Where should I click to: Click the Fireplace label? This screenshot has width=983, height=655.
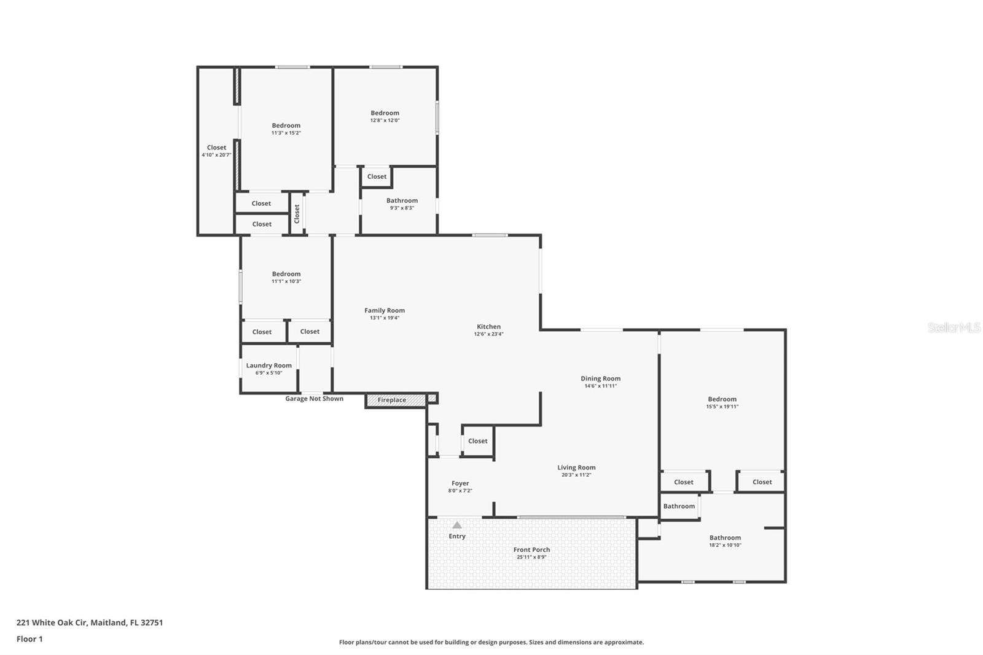point(392,400)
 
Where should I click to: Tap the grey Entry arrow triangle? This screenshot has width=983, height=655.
point(457,525)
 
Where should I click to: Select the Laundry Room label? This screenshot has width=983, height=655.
point(268,365)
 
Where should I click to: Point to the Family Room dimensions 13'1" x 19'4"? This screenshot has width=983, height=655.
point(385,318)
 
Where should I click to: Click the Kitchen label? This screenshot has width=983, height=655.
point(488,327)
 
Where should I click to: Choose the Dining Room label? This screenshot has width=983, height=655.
point(600,378)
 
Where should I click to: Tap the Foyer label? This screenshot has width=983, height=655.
point(460,484)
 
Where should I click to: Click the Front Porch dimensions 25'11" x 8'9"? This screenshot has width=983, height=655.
point(531,557)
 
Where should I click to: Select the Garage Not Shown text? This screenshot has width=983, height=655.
point(314,399)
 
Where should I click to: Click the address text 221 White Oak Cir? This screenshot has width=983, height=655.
point(53,622)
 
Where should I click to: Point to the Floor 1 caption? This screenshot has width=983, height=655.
point(29,639)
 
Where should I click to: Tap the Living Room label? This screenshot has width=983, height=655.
point(576,468)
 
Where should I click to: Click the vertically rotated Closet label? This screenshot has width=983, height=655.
point(297,214)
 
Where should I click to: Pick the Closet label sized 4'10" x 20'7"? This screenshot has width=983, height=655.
point(216,147)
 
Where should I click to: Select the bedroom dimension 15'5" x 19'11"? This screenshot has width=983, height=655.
point(722,407)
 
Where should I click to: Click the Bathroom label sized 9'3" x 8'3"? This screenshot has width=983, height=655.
point(402,201)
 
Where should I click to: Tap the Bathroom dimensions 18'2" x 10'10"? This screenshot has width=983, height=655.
point(725,545)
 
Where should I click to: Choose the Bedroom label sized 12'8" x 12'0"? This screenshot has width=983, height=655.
point(385,113)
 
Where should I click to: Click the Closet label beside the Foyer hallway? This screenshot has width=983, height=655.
point(477,441)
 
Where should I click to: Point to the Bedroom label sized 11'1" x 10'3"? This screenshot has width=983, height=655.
point(286,274)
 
